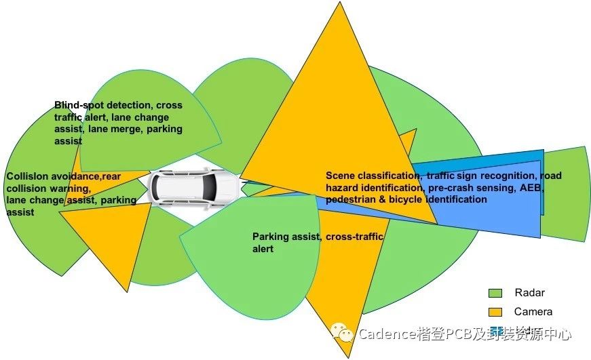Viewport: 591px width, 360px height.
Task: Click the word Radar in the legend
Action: click(x=529, y=293)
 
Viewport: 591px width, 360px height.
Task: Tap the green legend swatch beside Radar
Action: click(x=495, y=293)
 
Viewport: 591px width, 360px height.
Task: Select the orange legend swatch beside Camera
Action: click(x=495, y=312)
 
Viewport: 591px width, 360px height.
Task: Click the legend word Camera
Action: click(x=533, y=312)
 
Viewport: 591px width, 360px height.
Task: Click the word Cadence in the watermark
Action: click(x=382, y=334)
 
